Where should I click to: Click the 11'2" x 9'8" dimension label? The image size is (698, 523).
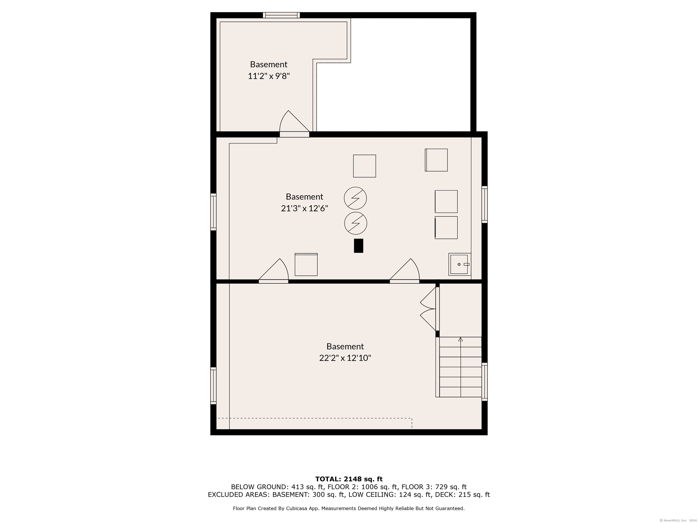click(x=269, y=76)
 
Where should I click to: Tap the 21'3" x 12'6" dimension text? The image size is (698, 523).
click(x=304, y=208)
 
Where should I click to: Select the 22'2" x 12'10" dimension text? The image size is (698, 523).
click(x=345, y=358)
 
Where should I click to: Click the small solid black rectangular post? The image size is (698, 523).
click(x=359, y=246)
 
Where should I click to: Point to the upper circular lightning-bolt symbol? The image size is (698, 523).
click(x=355, y=198)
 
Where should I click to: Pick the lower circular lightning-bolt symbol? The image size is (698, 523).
click(x=356, y=223)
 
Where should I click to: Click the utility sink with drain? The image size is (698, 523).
click(x=460, y=264)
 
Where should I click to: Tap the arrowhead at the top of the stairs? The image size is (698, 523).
click(x=460, y=339)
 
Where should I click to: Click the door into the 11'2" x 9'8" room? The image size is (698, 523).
click(x=294, y=123)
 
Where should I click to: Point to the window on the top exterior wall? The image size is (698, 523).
click(x=282, y=15)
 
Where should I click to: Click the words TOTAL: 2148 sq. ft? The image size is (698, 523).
click(x=349, y=479)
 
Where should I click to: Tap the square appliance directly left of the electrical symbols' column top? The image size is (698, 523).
click(x=364, y=166)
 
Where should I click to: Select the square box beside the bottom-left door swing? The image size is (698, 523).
click(x=306, y=264)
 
